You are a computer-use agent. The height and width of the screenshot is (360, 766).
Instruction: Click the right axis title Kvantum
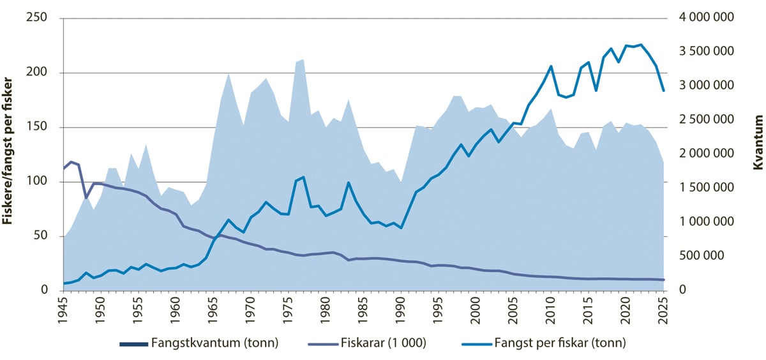click(758, 142)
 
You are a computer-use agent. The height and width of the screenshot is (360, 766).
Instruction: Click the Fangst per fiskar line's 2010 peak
click(551, 66)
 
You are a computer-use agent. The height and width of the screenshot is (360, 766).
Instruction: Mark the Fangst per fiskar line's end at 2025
click(664, 91)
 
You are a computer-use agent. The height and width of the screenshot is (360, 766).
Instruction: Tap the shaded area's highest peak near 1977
click(303, 59)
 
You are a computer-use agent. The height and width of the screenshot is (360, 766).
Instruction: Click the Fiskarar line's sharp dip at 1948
click(86, 198)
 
